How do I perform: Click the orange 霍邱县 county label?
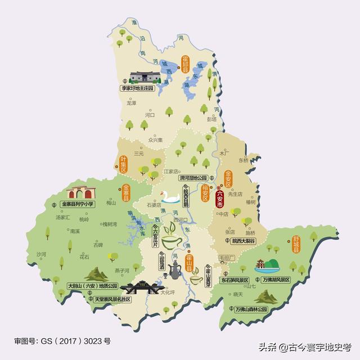[x=184, y=66]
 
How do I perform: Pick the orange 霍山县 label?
[x=190, y=263]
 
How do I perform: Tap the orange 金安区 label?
[x=228, y=178]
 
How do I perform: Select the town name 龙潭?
[x=131, y=103]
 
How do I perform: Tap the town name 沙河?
[x=40, y=254]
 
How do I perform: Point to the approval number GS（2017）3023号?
[x=63, y=341]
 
